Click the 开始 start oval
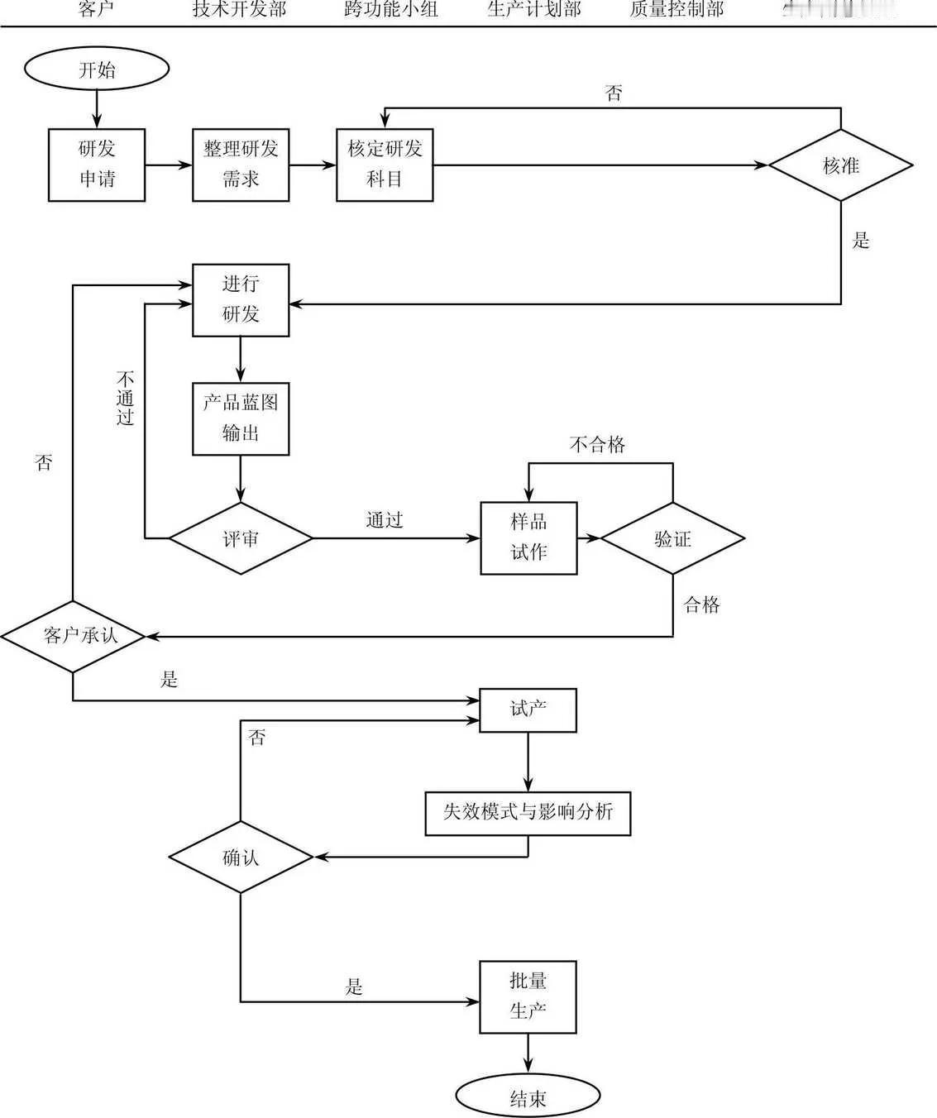tap(97, 69)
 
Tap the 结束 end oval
tap(528, 1097)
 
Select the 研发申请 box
tap(97, 165)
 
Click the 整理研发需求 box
tap(241, 165)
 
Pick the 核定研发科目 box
tap(385, 165)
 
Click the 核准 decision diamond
tap(840, 165)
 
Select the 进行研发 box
tap(241, 299)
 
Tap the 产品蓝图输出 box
tap(241, 418)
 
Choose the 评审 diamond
tap(241, 538)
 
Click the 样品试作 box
tap(528, 537)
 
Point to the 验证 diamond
tap(672, 538)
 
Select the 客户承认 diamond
tap(74, 635)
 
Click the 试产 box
tap(528, 709)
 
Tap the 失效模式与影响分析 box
tap(528, 813)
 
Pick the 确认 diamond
tap(241, 857)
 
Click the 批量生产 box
tap(528, 996)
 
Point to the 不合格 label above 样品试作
tap(597, 445)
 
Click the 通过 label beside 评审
tap(385, 520)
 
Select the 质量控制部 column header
tap(676, 10)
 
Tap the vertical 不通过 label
tap(126, 399)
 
